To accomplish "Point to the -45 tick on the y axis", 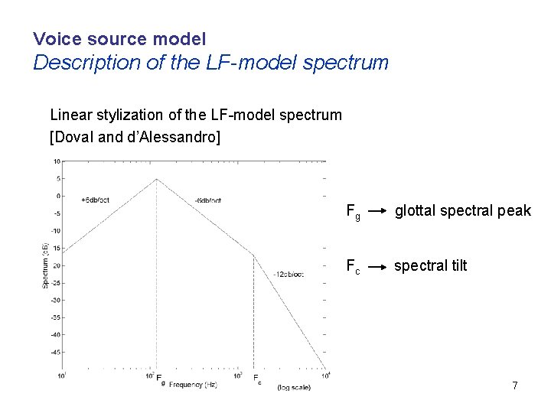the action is point(56,353).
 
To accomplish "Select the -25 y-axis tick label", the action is point(56,283).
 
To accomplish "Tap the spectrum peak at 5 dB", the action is point(157,179).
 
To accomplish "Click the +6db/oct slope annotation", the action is point(95,200).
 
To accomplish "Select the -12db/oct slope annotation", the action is point(289,274).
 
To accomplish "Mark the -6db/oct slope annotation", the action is point(207,200).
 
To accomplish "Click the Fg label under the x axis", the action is point(159,378).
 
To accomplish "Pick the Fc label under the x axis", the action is point(256,378).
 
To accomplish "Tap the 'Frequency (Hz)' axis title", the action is point(193,384).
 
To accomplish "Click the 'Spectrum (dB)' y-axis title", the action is point(45,265).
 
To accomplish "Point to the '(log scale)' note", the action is point(294,388).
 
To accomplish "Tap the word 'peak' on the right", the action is point(514,211).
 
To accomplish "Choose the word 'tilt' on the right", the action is point(456,265).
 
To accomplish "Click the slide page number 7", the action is point(515,385).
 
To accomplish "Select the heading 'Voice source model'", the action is point(119,37).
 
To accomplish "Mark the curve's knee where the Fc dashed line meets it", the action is point(253,255).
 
